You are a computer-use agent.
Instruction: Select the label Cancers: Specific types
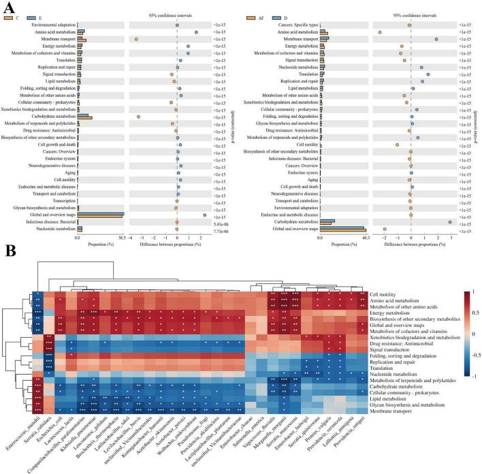(x=290, y=25)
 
